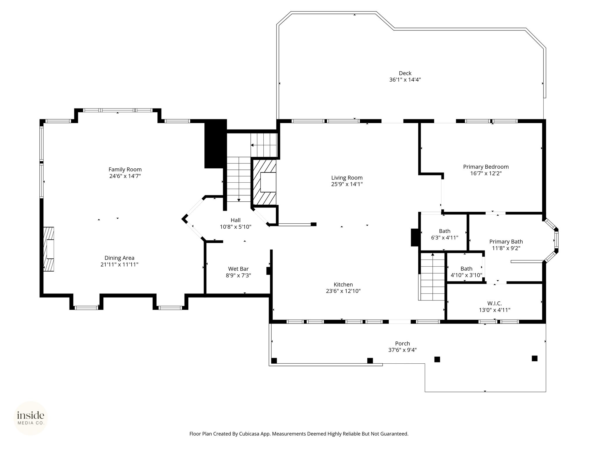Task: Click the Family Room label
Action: (x=125, y=170)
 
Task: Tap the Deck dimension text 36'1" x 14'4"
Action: (x=405, y=80)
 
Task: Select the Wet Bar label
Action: (x=238, y=269)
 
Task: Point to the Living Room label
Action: (x=347, y=178)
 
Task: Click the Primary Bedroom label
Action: (x=486, y=167)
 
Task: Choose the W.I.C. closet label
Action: (x=495, y=304)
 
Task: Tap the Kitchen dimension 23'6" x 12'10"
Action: (x=343, y=291)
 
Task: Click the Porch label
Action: (x=402, y=344)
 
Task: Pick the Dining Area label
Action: (x=119, y=258)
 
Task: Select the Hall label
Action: (x=236, y=220)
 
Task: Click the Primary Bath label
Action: (x=506, y=242)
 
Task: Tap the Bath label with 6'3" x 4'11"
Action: (x=445, y=231)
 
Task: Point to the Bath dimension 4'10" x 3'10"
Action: (x=466, y=275)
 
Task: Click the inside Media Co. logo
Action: (x=31, y=418)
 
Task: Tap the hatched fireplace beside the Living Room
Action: (x=264, y=182)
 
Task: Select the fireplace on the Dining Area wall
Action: (x=49, y=249)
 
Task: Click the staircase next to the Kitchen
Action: (x=432, y=277)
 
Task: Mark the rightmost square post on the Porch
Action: (x=535, y=358)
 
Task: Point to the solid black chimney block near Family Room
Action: (x=216, y=144)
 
